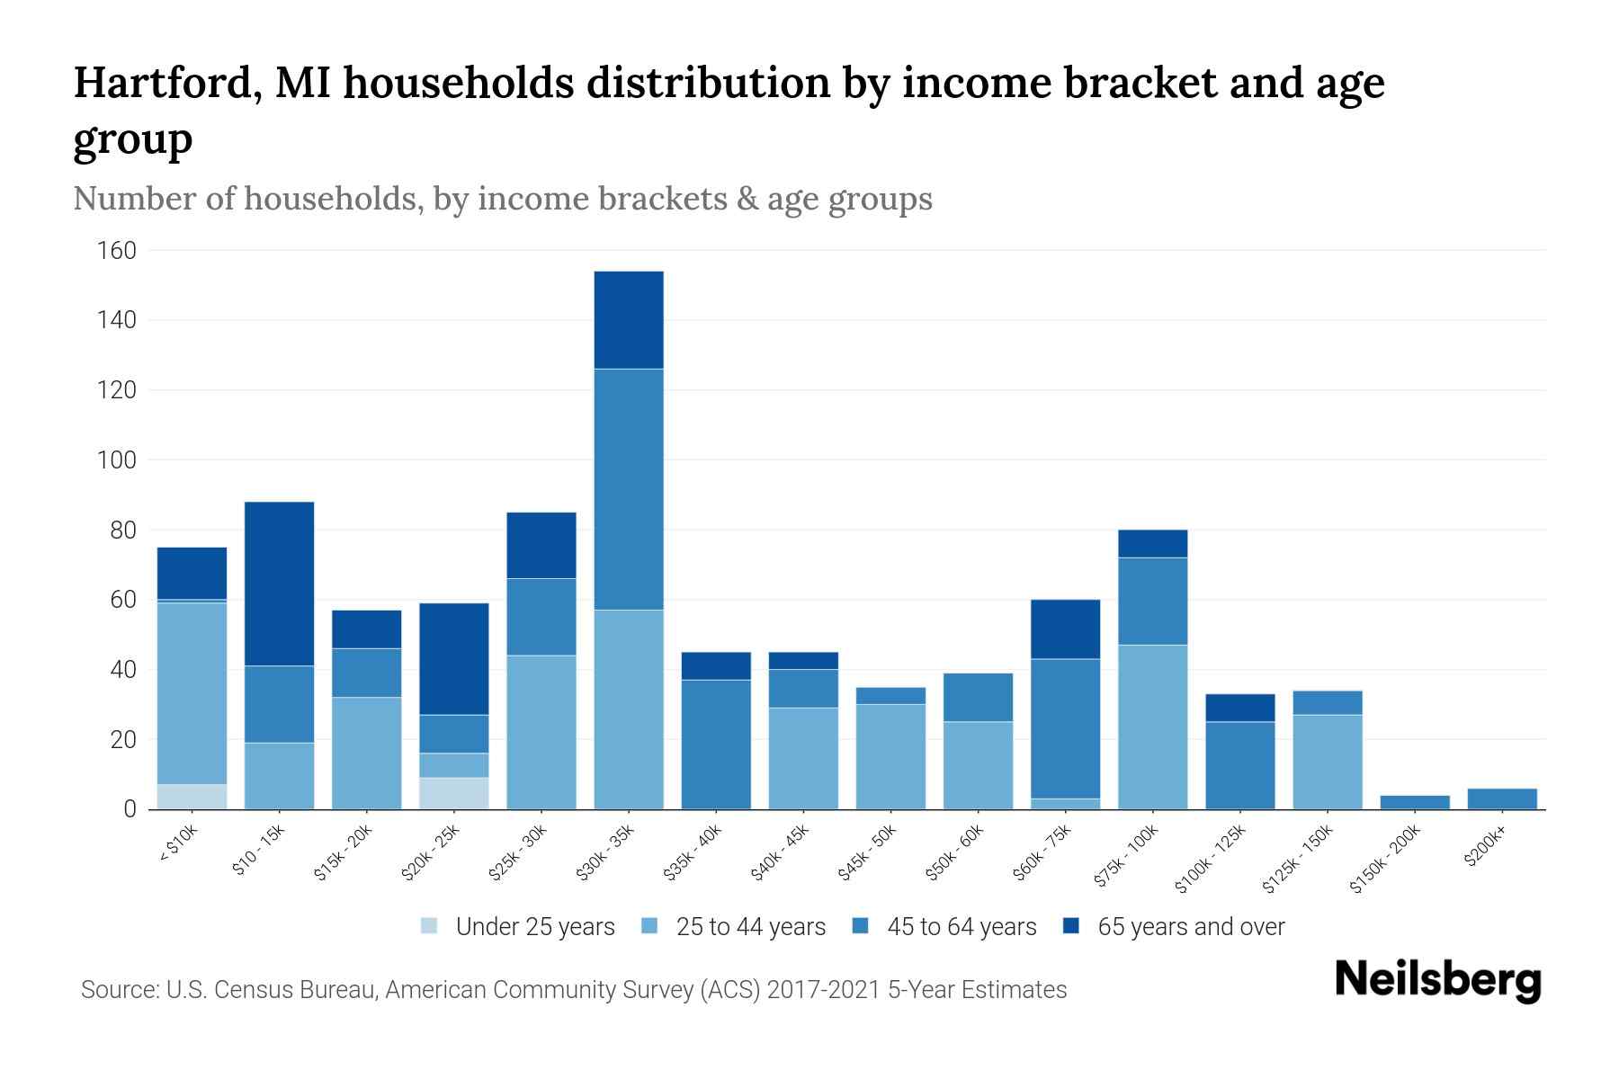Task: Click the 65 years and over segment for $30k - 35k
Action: point(629,320)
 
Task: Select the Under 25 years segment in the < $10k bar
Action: point(192,797)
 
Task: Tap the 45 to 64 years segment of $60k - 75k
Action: point(1065,728)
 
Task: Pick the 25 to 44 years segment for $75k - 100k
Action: point(1152,727)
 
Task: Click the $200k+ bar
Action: point(1502,798)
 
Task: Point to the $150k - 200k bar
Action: point(1415,802)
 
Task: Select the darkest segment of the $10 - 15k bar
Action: point(279,584)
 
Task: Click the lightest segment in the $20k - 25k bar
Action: point(454,793)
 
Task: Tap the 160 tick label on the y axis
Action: point(116,251)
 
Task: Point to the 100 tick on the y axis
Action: point(116,460)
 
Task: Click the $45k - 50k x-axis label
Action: point(867,853)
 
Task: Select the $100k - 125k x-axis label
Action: point(1211,860)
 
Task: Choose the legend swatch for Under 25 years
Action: point(430,925)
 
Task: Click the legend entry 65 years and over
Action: point(1190,926)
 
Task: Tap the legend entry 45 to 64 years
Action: point(961,926)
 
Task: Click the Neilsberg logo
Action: point(1437,980)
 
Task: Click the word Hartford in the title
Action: point(167,84)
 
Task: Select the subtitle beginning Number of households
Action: point(502,199)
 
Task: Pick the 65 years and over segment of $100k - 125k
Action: point(1239,708)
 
